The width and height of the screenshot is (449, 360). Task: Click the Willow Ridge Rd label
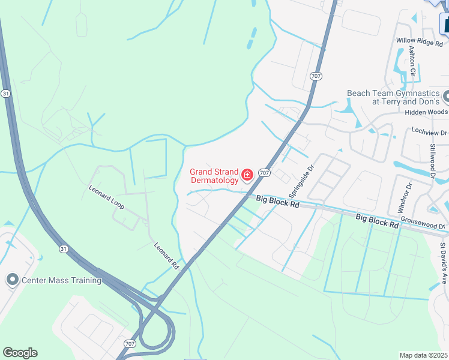coord(418,41)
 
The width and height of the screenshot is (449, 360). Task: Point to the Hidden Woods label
coord(426,112)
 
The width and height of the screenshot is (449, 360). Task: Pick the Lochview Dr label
coord(429,131)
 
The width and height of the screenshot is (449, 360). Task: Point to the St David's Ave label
coord(443,263)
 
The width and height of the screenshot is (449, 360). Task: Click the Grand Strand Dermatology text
coord(214,175)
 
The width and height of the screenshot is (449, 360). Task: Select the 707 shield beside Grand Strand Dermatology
coord(264,173)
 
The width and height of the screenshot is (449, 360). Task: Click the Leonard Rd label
coord(167,255)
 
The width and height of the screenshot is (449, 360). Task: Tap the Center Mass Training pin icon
coord(12,280)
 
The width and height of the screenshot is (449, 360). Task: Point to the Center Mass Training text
coord(62,280)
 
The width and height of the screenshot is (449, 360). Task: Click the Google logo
coord(20,353)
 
